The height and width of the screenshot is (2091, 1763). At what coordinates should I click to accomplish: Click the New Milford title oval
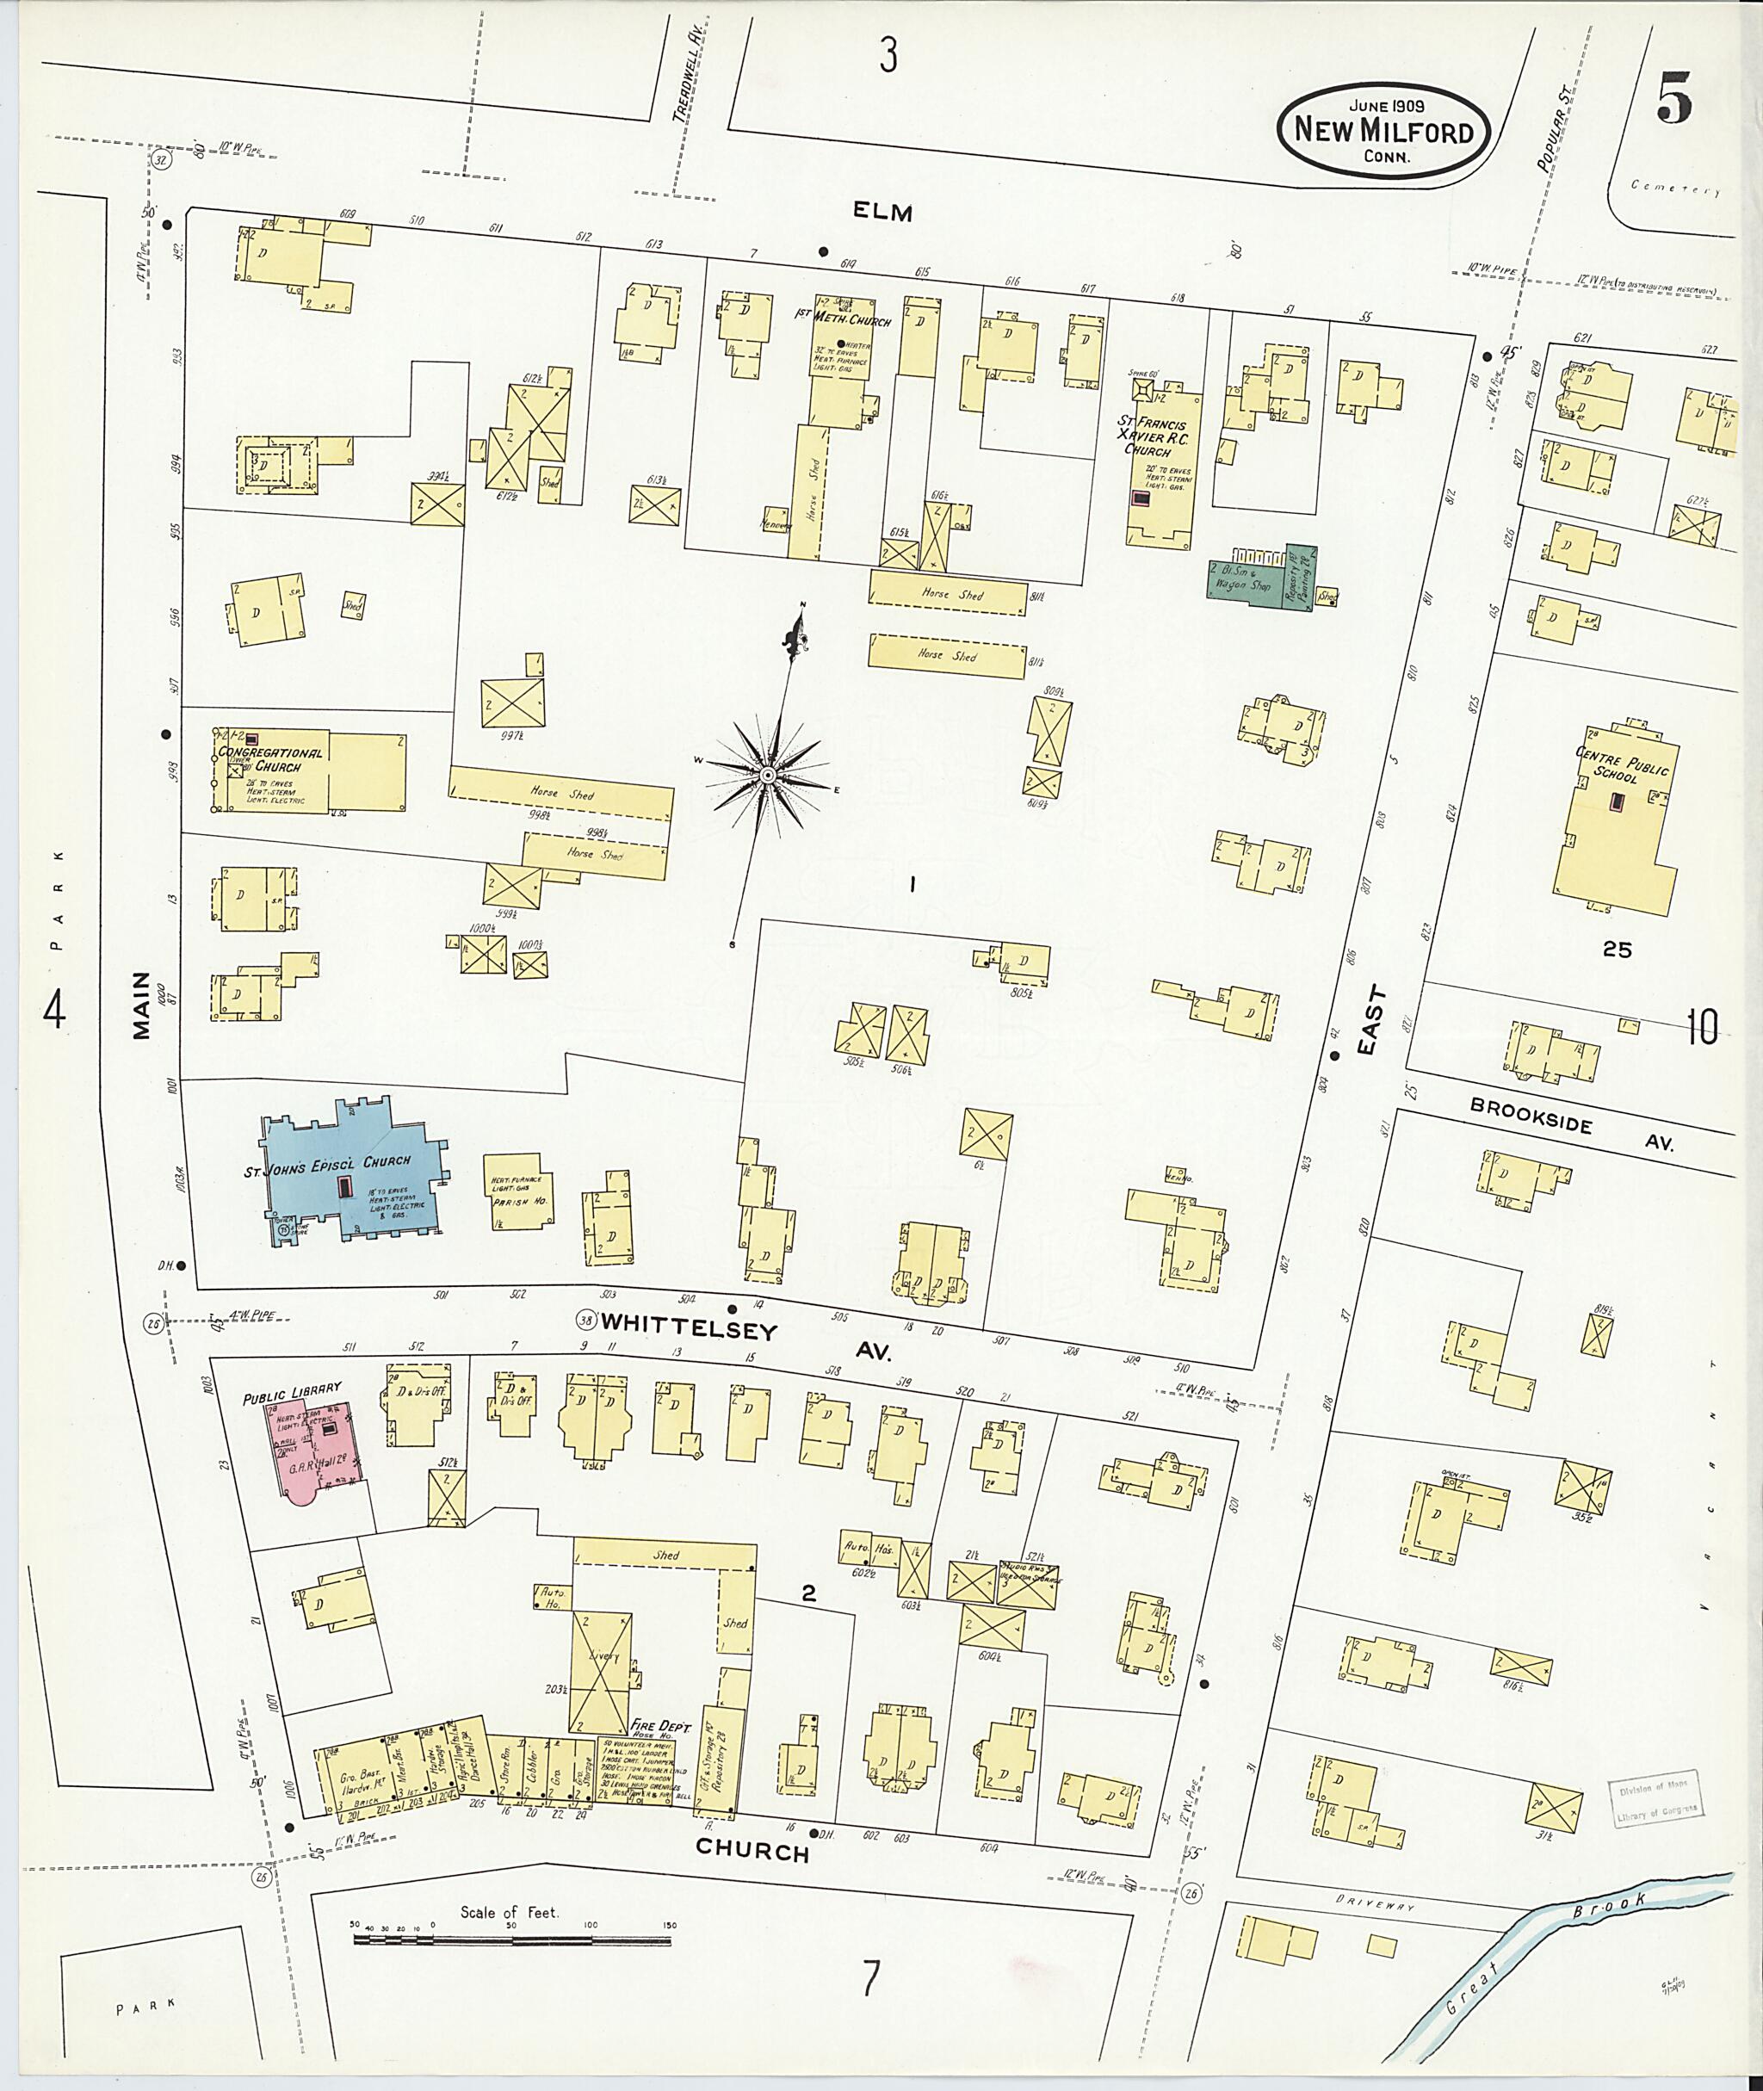tap(1383, 131)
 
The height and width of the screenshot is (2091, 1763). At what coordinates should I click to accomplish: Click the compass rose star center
tap(768, 776)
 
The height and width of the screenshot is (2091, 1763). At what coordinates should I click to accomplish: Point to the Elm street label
tap(883, 212)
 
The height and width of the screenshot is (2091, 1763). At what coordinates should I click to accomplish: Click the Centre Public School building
tap(1612, 826)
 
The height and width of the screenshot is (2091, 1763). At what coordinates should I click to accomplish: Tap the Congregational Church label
tap(271, 758)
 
